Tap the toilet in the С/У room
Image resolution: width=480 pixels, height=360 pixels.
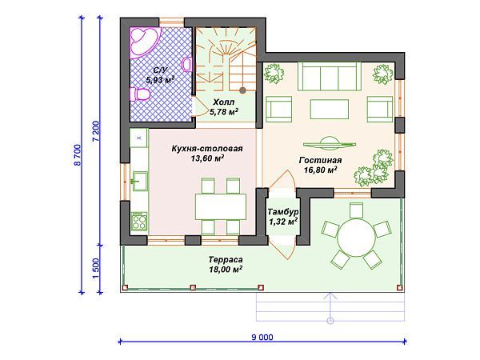coord(139,94)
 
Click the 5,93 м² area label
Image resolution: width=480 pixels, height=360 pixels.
coord(160,80)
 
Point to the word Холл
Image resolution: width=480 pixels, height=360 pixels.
coord(224,102)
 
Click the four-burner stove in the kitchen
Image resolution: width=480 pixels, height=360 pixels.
coord(139,222)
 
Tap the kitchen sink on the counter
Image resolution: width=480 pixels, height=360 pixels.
coord(140,181)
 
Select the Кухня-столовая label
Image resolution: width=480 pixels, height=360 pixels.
coord(207,149)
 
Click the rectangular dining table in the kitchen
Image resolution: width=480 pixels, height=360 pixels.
coord(221,206)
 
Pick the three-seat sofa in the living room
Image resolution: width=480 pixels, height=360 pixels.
coord(329,77)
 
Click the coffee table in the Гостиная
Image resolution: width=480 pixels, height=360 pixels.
coord(329,109)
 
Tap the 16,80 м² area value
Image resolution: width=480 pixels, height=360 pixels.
coord(321,170)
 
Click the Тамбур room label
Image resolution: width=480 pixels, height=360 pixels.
coord(283,212)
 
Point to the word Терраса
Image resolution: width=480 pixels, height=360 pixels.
coord(226,259)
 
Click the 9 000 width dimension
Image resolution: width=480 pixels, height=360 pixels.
coord(262,338)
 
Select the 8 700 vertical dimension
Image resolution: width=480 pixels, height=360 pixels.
coord(77,155)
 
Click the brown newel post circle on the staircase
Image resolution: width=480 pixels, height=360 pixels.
coord(242,90)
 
